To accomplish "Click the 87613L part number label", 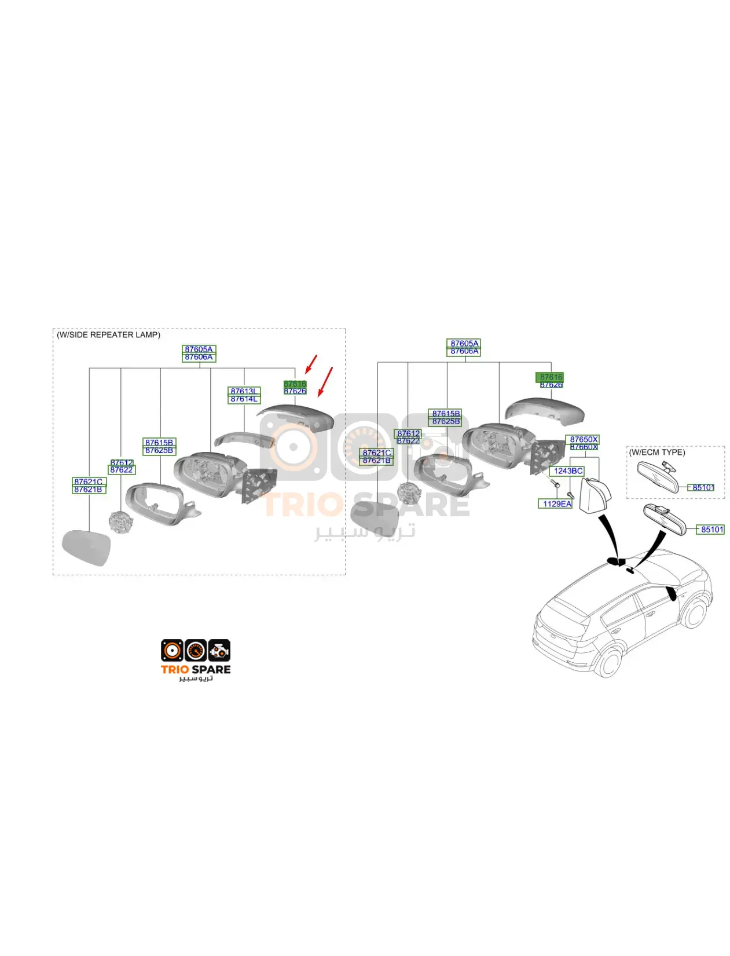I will pos(244,391).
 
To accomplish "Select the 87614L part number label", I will pos(244,399).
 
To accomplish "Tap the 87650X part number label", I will pos(584,440).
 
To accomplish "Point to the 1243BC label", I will pos(568,471).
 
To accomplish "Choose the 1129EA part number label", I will pos(556,504).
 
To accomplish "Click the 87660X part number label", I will pos(584,447).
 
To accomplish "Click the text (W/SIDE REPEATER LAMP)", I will pos(108,335).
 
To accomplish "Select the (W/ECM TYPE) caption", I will pos(656,453).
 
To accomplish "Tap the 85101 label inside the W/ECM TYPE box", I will pos(703,488).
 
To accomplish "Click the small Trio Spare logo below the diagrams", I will pos(196,660).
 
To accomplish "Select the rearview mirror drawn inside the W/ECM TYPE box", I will pos(657,476).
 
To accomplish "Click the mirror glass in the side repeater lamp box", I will pos(86,547).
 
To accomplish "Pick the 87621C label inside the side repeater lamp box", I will pos(89,481).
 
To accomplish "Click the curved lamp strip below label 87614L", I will pos(243,439).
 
